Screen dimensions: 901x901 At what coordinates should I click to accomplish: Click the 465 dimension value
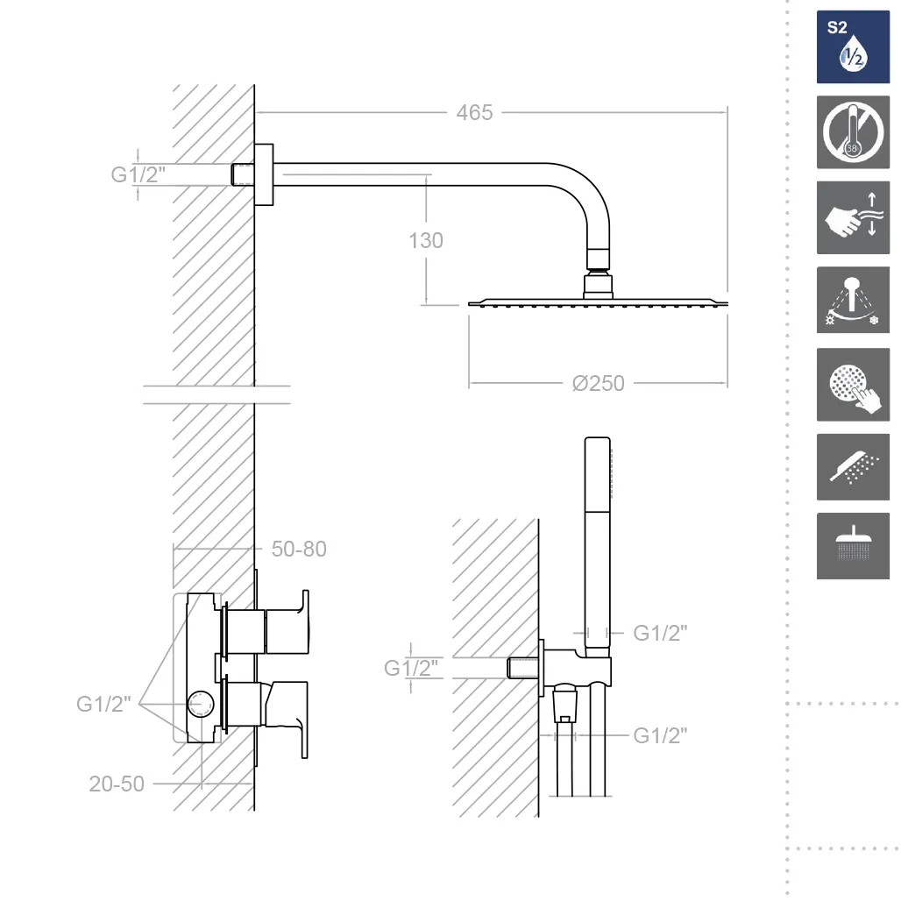[474, 112]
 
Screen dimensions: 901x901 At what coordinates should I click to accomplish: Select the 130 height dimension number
[426, 241]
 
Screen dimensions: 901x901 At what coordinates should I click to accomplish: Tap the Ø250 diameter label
[598, 383]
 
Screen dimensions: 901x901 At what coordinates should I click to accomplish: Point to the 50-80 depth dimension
[299, 550]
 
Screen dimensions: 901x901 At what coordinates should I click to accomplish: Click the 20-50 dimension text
[117, 784]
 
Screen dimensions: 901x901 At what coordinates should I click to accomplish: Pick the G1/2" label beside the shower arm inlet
[138, 174]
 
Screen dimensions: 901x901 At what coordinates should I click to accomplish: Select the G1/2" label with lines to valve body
[103, 704]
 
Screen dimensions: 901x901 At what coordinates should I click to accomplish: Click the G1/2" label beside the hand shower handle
[660, 633]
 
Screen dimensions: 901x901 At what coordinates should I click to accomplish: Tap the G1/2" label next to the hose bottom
[660, 735]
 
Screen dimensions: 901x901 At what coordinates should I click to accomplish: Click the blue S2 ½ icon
[853, 46]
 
